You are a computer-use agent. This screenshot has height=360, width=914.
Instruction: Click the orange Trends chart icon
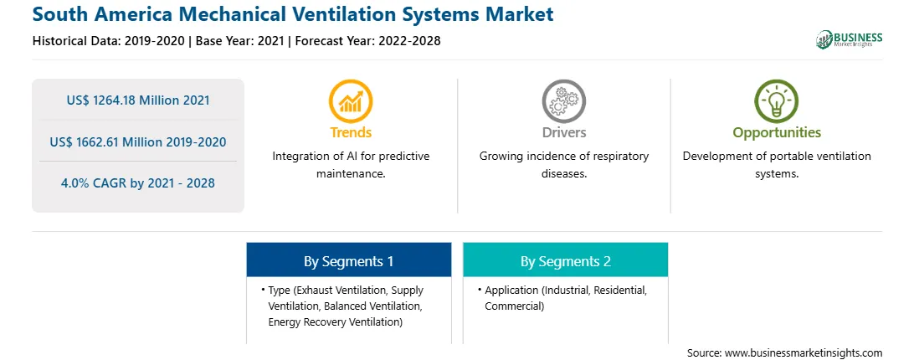(x=351, y=101)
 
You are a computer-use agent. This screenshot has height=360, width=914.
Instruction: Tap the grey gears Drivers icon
(x=563, y=101)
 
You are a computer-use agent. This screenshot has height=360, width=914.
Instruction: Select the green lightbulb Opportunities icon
(x=777, y=101)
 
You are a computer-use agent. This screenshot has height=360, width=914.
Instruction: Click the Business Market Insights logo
(x=850, y=39)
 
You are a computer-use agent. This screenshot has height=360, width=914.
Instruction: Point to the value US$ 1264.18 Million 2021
(x=137, y=100)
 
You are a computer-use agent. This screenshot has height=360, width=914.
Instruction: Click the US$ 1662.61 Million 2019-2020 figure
(x=137, y=141)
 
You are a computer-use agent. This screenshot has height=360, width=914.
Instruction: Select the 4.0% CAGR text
(x=137, y=183)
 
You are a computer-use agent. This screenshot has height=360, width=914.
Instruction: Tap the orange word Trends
(x=351, y=132)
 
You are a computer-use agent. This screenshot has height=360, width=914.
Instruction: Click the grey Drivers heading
(x=563, y=132)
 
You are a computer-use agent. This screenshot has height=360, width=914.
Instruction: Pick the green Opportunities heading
(x=777, y=132)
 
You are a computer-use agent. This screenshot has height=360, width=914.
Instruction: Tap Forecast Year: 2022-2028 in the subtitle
(x=367, y=41)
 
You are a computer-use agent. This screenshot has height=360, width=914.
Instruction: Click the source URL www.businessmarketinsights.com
(x=804, y=353)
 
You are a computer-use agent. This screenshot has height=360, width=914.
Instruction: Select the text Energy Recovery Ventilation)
(x=335, y=322)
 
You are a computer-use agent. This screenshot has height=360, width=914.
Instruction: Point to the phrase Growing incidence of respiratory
(x=563, y=157)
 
